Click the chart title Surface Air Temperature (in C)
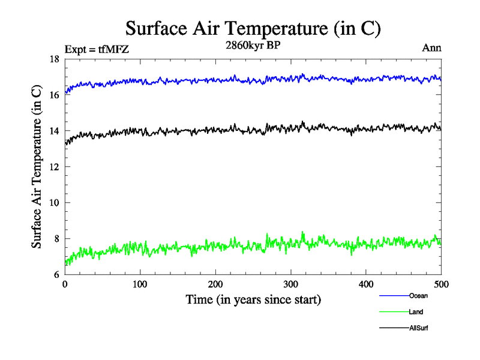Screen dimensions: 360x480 tap(253, 29)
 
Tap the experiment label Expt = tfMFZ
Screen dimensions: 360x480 tap(96, 49)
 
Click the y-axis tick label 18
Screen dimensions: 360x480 tap(54, 59)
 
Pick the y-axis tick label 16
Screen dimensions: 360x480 tap(54, 95)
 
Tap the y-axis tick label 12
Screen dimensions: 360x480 tap(54, 167)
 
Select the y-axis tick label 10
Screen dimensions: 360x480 tap(54, 203)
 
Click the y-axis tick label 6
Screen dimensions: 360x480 tap(56, 275)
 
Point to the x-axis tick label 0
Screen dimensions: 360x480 tap(65, 284)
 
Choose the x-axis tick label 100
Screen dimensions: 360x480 tap(140, 284)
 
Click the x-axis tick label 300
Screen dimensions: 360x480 tap(291, 284)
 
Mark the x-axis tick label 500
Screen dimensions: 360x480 tap(441, 284)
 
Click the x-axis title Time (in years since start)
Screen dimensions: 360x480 tap(253, 299)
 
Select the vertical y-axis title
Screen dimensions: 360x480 tap(37, 167)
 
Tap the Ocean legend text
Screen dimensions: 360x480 tap(418, 296)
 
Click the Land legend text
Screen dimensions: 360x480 tap(416, 312)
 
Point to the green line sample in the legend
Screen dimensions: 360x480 tap(394, 312)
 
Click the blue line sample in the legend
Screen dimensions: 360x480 tap(394, 296)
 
